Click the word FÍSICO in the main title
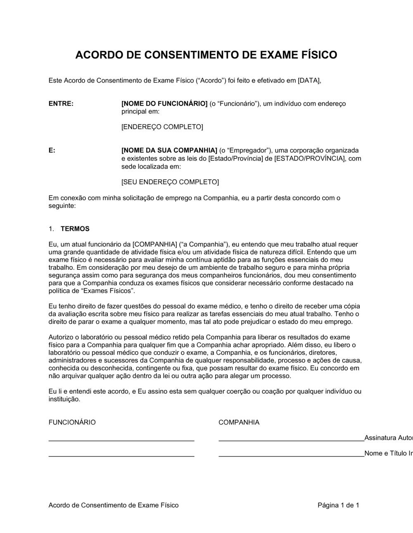click(316, 55)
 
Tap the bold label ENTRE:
click(61, 104)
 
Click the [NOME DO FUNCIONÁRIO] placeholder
click(164, 104)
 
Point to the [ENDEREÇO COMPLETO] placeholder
click(162, 127)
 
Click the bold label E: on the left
click(52, 150)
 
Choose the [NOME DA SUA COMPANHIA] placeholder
click(169, 150)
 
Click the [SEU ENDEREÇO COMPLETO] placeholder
click(170, 182)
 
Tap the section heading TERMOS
click(75, 229)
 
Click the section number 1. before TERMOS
click(51, 229)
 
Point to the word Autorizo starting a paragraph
click(62, 337)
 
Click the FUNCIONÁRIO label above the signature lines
click(72, 422)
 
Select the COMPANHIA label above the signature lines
click(239, 422)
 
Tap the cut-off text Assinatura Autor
click(388, 438)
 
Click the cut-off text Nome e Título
click(388, 453)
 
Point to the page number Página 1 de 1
click(338, 505)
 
